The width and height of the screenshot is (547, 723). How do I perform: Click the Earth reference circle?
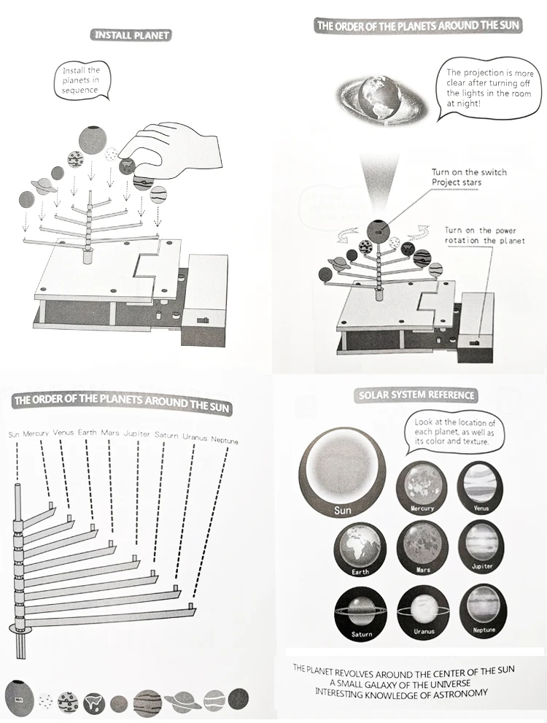[x=360, y=550]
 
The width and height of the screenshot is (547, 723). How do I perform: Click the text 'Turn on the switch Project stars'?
[x=468, y=177]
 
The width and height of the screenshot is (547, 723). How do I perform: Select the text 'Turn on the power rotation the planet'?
[x=484, y=235]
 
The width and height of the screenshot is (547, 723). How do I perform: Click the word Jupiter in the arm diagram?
[x=137, y=433]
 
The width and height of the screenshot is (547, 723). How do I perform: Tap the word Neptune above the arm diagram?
[x=225, y=440]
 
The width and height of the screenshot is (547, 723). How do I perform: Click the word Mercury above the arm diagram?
[x=36, y=434]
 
